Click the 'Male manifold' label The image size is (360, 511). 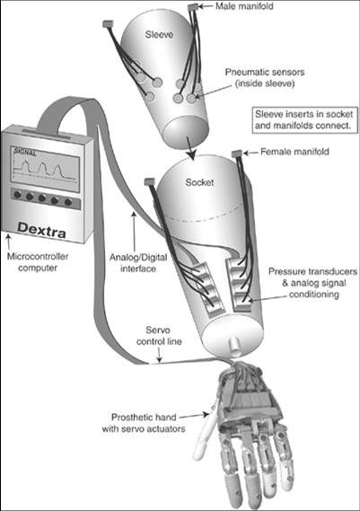[x=244, y=6]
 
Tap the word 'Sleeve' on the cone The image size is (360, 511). [x=159, y=34]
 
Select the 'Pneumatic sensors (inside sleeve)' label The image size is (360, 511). [x=265, y=77]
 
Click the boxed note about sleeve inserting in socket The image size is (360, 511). [x=303, y=120]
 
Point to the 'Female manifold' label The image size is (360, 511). [x=294, y=152]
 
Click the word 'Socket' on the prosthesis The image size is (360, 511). [x=199, y=182]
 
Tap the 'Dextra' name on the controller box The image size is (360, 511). [x=41, y=229]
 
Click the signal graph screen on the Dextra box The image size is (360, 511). [x=46, y=170]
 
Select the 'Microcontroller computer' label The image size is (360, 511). [x=38, y=262]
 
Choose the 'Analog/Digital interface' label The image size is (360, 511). [x=138, y=262]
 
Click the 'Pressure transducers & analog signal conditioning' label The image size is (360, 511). [x=313, y=283]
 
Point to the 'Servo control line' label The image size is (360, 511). [x=159, y=336]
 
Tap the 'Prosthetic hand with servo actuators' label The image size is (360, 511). [x=144, y=423]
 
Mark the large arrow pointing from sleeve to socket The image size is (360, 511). [x=190, y=148]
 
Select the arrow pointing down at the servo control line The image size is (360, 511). [x=159, y=356]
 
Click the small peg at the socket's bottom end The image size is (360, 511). [x=233, y=346]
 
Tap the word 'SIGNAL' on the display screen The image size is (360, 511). [x=25, y=152]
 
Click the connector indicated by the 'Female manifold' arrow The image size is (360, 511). [x=236, y=153]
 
